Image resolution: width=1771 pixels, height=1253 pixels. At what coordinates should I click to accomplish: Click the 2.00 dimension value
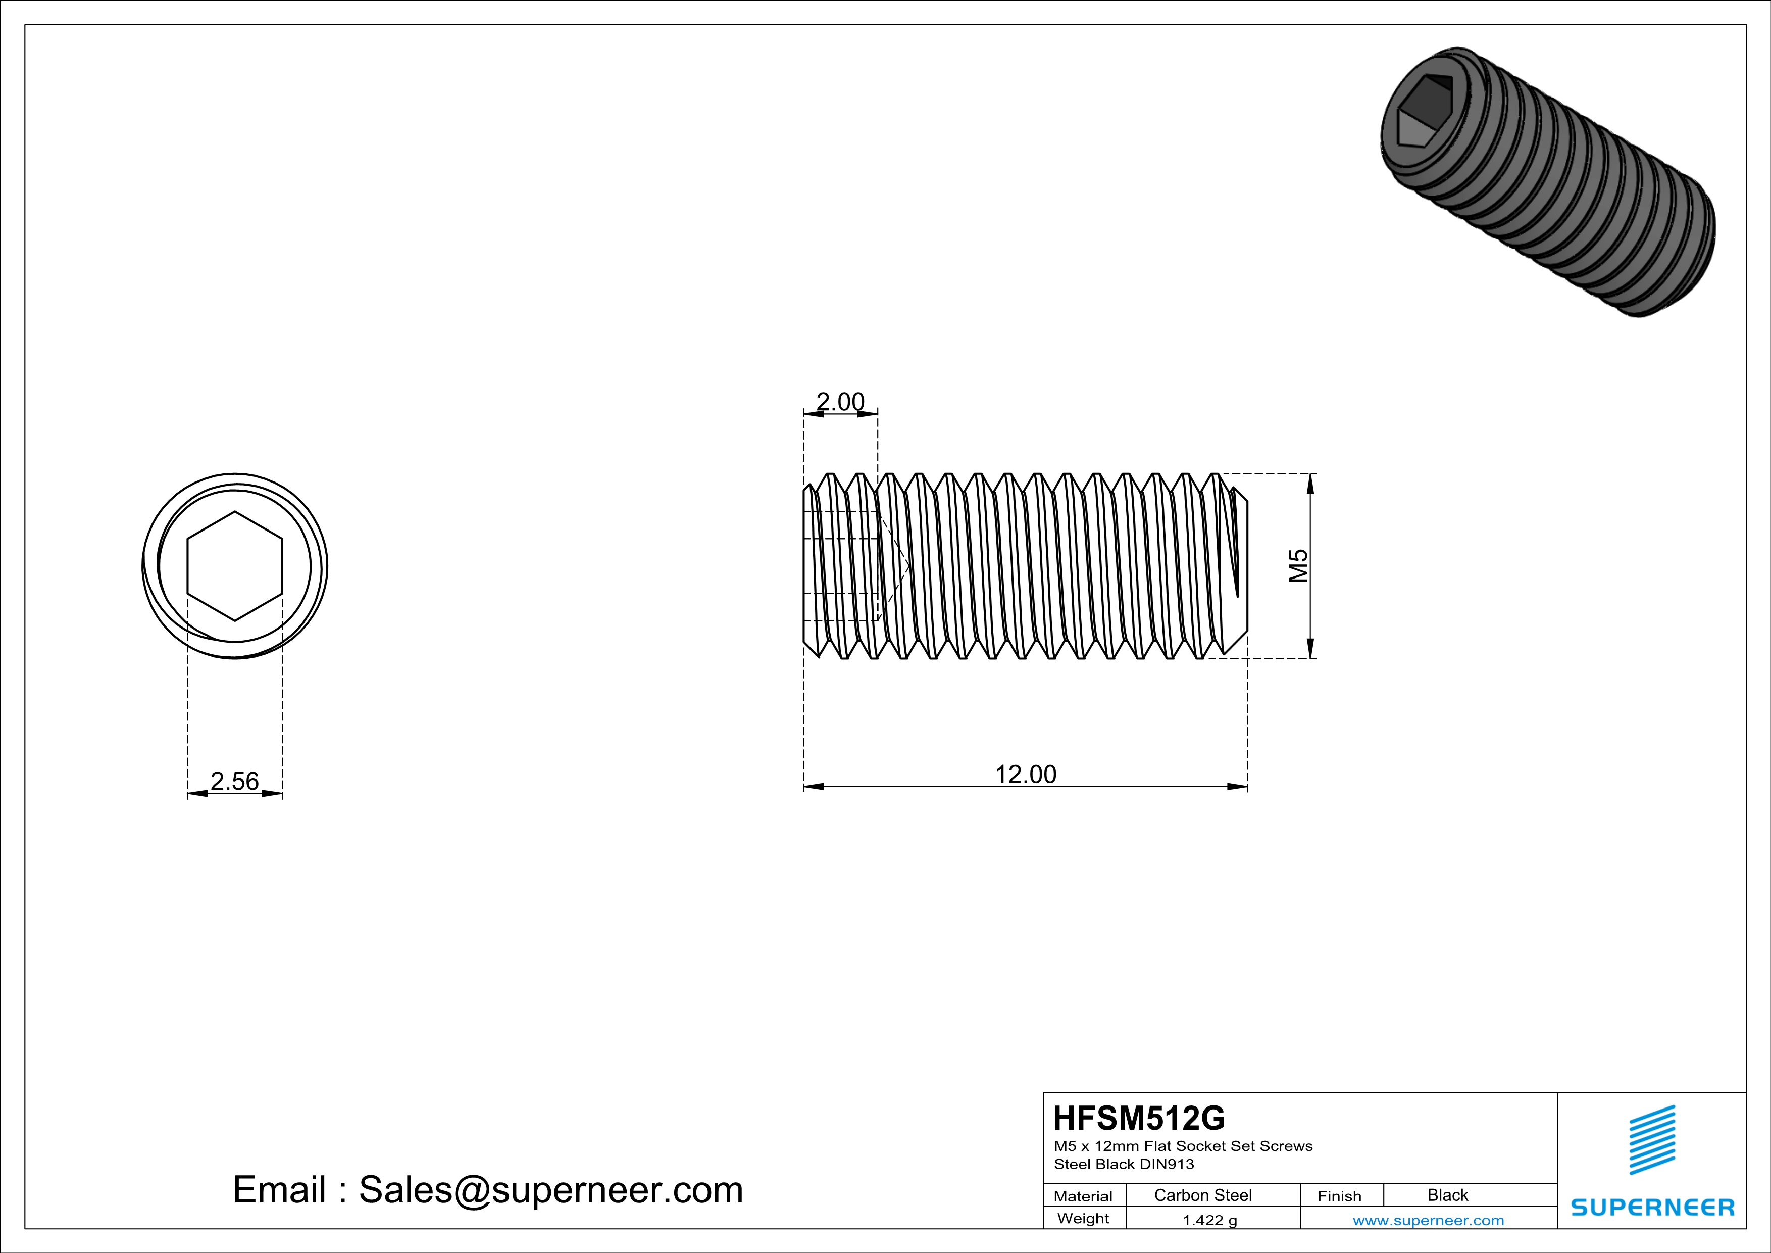(x=840, y=402)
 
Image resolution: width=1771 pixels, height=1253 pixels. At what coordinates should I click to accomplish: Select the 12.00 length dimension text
(x=1025, y=774)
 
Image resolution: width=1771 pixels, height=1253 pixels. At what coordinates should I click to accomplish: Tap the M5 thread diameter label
(x=1298, y=565)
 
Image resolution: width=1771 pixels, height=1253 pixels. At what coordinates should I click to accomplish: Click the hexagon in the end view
(x=234, y=565)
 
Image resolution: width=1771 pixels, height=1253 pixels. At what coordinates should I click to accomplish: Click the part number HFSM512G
(x=1138, y=1118)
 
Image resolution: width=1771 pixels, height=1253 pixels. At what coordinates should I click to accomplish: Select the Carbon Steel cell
(x=1202, y=1195)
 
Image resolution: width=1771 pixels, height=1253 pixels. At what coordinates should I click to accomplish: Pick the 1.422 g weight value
(x=1209, y=1220)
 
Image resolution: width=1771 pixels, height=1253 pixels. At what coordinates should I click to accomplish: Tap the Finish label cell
(x=1339, y=1196)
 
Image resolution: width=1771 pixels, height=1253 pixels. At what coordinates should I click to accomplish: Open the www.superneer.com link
(x=1428, y=1220)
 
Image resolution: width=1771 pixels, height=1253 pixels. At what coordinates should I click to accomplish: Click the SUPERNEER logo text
(x=1651, y=1208)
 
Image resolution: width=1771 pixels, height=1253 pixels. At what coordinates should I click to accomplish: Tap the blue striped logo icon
(x=1651, y=1140)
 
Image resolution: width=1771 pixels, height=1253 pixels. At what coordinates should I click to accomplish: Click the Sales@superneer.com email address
(x=551, y=1190)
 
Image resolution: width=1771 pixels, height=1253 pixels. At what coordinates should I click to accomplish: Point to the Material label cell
(x=1083, y=1196)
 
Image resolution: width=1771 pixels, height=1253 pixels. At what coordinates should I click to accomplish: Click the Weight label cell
(x=1083, y=1218)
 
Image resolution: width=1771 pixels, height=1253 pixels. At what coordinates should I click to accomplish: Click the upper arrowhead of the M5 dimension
(x=1310, y=482)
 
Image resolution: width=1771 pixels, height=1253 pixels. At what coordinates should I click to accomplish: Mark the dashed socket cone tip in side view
(x=910, y=567)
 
